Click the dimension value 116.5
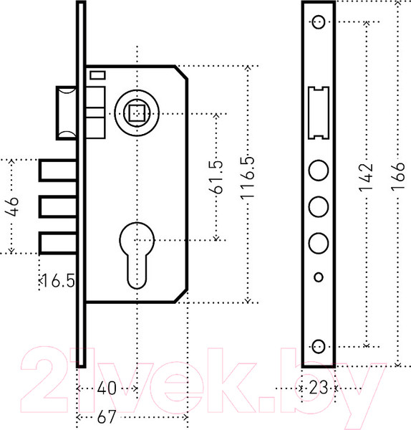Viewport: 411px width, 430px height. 248,177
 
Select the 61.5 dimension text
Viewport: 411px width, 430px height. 216,177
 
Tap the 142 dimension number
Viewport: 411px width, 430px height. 366,178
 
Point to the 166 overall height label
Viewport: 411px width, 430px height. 398,176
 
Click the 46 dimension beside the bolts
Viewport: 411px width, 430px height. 12,206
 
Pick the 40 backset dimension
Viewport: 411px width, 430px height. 107,388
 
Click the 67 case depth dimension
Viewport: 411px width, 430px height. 107,417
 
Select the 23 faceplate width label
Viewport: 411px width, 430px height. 319,388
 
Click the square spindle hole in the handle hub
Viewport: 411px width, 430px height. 137,113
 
